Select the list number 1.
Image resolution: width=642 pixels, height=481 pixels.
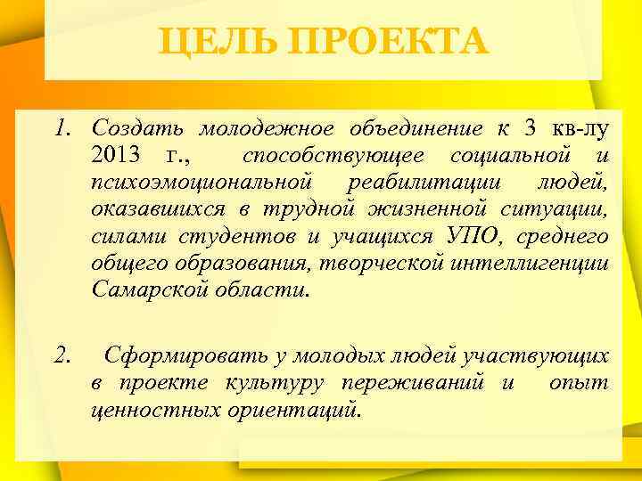pos(62,128)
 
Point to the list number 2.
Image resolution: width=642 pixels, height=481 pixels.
pos(62,356)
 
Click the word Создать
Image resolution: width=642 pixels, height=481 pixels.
pos(141,128)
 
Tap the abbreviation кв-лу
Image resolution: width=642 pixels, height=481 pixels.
pos(580,128)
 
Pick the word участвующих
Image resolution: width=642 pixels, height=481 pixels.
pos(548,356)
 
